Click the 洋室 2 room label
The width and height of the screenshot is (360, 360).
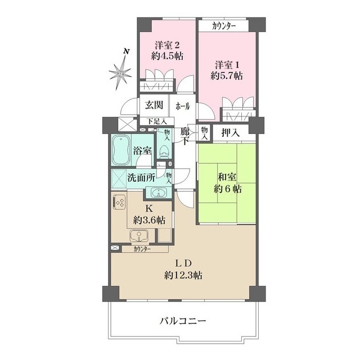coord(167,45)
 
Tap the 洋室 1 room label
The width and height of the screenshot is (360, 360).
coord(227,65)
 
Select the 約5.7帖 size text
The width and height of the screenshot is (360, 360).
coord(227,75)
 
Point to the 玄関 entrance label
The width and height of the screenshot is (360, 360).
coord(154,105)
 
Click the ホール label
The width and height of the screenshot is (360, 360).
coord(183,106)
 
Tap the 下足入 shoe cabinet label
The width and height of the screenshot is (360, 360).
coord(157,121)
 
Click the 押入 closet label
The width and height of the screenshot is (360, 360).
coord(231,133)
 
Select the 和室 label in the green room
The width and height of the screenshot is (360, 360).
coord(227,177)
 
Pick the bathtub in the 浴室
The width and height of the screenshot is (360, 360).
coord(121,150)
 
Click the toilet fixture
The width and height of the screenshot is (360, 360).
coord(164,151)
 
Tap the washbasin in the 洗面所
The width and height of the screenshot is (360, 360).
coord(158,192)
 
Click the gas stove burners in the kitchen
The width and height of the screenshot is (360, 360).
coord(119,202)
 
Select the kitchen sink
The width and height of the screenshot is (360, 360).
coord(139,235)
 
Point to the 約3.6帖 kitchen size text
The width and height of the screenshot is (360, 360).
coord(149,220)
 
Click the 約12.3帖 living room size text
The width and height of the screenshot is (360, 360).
coord(183,275)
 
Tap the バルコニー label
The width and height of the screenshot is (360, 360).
coord(183,321)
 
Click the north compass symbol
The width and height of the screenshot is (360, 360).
coord(120,71)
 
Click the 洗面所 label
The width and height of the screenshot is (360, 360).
coord(141,178)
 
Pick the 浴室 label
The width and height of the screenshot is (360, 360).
coord(142,151)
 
